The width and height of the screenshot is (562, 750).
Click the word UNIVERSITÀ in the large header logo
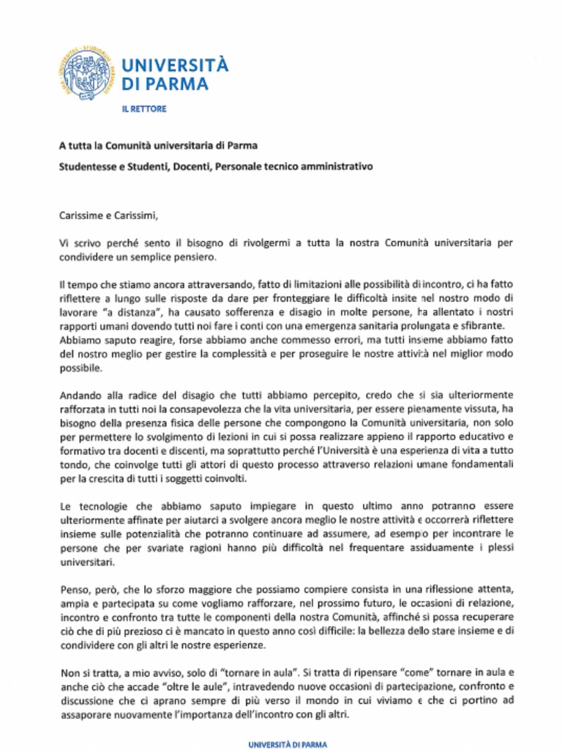(x=175, y=64)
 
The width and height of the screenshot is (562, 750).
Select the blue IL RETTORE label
(x=144, y=109)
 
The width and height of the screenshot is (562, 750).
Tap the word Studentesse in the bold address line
(x=86, y=166)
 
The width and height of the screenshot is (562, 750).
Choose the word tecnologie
(x=101, y=506)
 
